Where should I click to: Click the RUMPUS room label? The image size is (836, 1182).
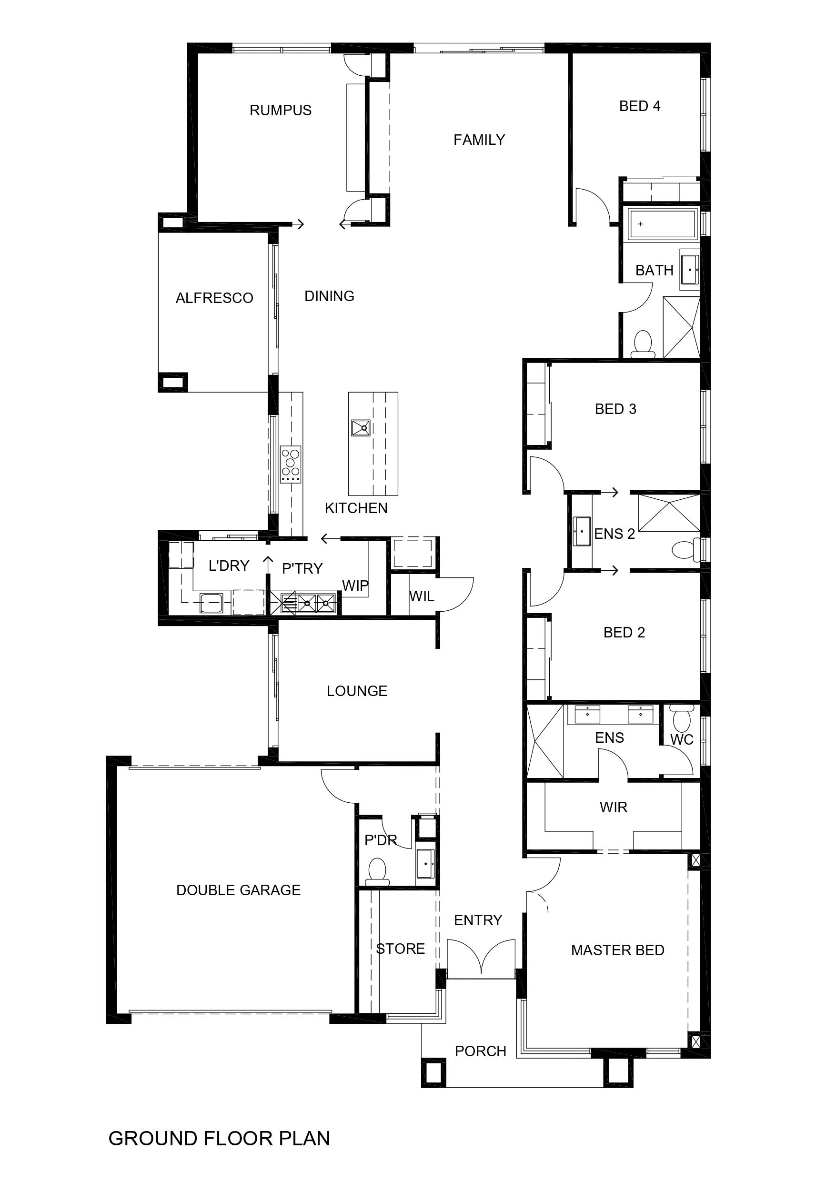coord(281,110)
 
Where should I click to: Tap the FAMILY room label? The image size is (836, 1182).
coord(479,140)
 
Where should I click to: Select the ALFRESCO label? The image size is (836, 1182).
coord(215,298)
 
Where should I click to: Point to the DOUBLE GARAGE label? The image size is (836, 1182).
coord(238,890)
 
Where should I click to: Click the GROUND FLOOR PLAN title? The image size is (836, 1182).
coord(219,1139)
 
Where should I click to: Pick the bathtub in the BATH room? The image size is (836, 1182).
coord(663,224)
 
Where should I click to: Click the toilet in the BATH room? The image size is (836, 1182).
coord(643,344)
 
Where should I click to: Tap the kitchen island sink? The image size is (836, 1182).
coord(361,428)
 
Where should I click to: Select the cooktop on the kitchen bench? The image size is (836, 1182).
coord(290,465)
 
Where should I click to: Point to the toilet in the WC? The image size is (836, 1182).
coord(682,717)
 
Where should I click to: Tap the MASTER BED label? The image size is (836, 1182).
coord(618,950)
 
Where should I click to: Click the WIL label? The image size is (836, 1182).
coord(422,596)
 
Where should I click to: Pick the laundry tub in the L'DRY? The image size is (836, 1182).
coord(211,603)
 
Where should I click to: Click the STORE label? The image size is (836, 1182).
coord(401,949)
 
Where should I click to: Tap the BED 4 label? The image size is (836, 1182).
coord(640,106)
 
